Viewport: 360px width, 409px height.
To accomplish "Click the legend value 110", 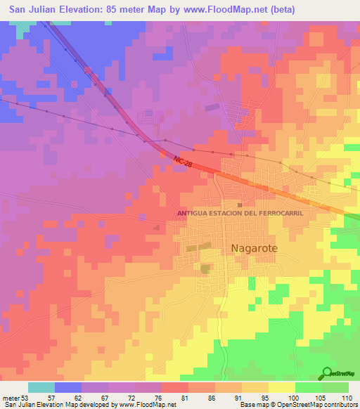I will pyautogui.click(x=346, y=397).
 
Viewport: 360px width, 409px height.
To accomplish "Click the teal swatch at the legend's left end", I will pyautogui.click(x=41, y=387).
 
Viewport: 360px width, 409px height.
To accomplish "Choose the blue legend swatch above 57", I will pyautogui.click(x=68, y=387).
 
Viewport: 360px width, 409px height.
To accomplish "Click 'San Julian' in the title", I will pyautogui.click(x=32, y=9).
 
